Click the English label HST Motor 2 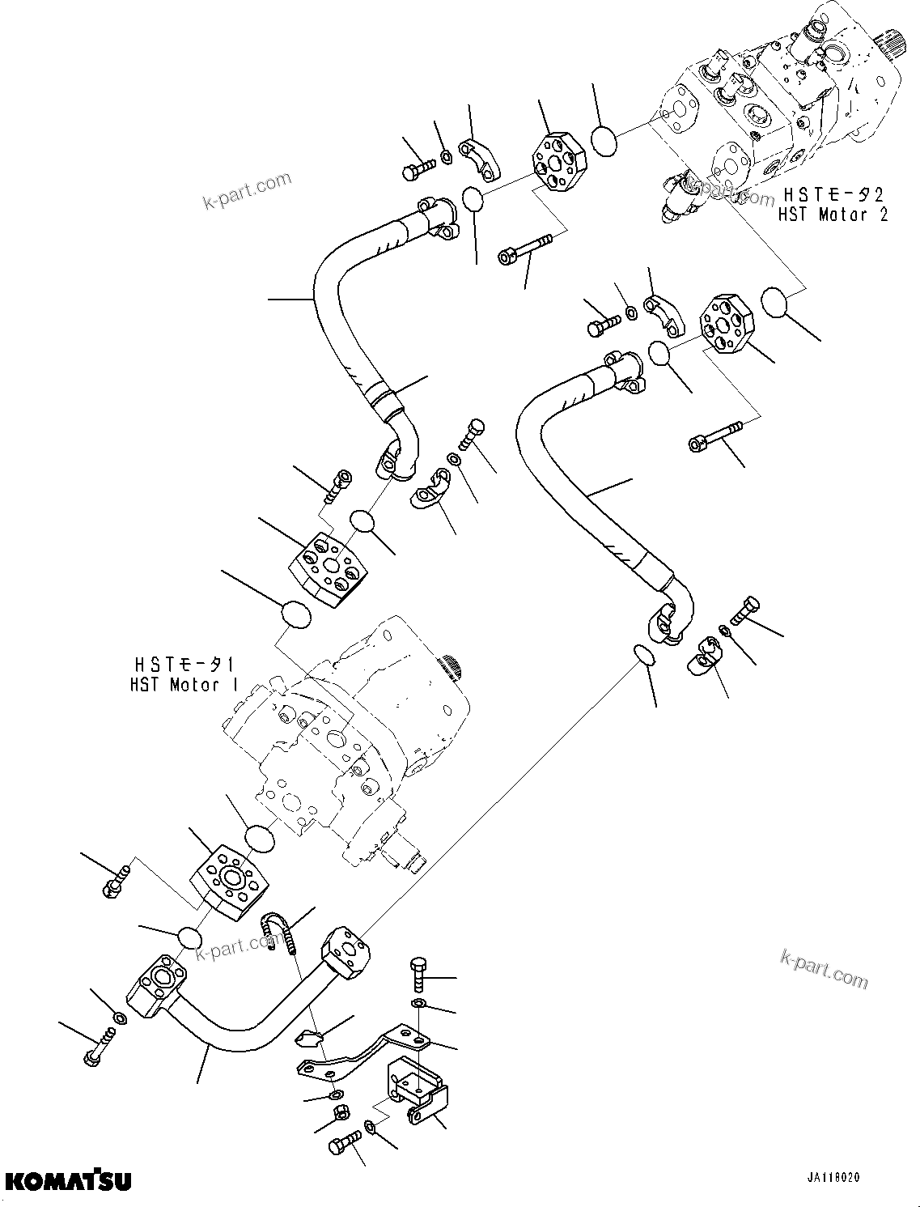point(833,215)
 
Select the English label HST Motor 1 point(184,685)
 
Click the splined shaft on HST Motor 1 point(452,668)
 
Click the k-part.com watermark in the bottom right point(824,968)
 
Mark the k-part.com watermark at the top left point(247,190)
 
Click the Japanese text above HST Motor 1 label point(184,664)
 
